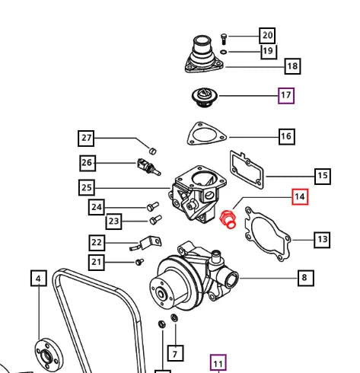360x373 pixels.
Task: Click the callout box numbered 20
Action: coord(267,36)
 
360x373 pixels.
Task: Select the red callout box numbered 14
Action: coord(300,196)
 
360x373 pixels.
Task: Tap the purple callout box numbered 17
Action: coord(286,96)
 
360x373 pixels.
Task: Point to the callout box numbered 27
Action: coord(86,139)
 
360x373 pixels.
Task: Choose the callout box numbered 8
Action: coord(306,278)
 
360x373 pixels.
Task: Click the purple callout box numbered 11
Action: coord(218,363)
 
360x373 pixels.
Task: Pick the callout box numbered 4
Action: coord(39,279)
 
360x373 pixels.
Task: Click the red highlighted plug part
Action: coord(228,219)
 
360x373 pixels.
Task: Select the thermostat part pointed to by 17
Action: coord(204,97)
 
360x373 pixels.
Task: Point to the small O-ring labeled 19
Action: coord(224,52)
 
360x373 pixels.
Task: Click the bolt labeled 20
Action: coord(224,39)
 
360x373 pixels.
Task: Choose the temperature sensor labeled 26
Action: coord(148,167)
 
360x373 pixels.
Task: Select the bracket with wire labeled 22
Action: coord(147,243)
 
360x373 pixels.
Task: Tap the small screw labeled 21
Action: coord(139,262)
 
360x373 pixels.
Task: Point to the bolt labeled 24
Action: coord(153,206)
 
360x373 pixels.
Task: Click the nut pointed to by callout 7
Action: coord(174,318)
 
